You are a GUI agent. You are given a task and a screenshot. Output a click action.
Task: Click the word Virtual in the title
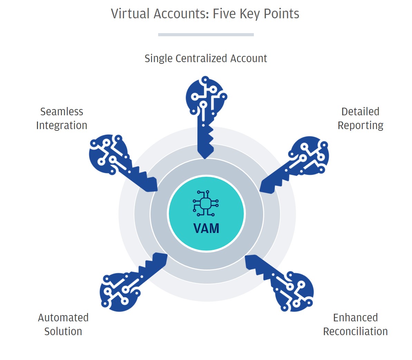tap(130, 14)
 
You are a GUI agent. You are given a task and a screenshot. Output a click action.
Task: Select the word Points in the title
tap(281, 14)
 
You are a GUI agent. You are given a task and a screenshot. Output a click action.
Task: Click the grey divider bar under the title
tap(206, 35)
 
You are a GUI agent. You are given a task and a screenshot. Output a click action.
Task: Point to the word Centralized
tap(201, 59)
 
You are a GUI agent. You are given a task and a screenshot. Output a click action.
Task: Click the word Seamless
tap(61, 111)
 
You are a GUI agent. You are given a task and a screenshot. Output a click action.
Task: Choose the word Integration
tap(61, 125)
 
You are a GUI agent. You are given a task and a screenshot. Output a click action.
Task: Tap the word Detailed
tap(360, 111)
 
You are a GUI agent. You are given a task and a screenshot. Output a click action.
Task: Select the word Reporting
tap(360, 126)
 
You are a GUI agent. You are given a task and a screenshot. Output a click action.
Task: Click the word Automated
tap(63, 318)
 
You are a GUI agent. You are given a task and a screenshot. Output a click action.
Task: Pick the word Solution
tap(63, 331)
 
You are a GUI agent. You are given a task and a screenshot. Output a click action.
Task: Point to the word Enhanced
tap(355, 318)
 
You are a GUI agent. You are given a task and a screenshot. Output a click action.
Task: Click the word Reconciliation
tap(355, 331)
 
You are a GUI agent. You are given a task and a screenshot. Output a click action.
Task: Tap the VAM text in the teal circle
tap(206, 228)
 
